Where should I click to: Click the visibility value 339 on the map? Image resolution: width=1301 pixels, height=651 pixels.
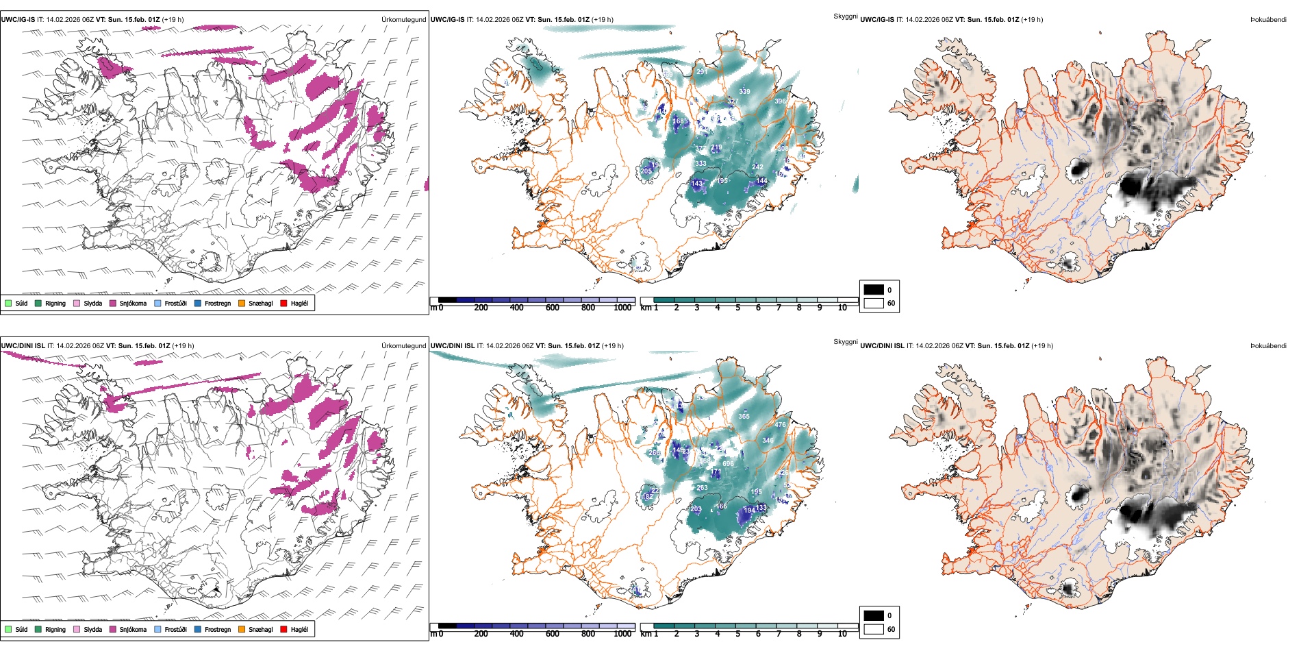(744, 91)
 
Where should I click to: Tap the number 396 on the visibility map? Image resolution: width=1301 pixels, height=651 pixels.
(780, 101)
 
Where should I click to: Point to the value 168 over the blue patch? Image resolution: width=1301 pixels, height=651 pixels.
(678, 121)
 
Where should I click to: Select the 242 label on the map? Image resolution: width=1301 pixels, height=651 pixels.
(757, 167)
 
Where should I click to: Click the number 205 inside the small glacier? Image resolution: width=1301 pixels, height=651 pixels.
(646, 171)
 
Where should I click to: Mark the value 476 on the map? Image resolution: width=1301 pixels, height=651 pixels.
(780, 425)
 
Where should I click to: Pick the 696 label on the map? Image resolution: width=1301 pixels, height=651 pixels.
(728, 464)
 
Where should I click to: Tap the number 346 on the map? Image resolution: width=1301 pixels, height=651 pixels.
(768, 441)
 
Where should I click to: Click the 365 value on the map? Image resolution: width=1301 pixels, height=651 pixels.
(744, 417)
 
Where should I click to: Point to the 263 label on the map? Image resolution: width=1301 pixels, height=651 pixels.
(702, 488)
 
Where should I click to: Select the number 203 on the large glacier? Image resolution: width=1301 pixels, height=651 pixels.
(696, 509)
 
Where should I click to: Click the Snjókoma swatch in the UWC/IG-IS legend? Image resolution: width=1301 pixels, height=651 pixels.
(113, 303)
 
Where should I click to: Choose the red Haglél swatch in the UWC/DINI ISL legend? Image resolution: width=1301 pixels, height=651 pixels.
(284, 629)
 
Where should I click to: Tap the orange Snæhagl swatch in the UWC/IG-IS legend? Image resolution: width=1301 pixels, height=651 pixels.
(242, 303)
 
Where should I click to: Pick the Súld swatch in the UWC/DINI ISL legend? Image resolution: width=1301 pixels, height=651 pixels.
(8, 629)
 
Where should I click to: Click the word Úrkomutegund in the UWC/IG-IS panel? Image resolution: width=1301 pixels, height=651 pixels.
(403, 20)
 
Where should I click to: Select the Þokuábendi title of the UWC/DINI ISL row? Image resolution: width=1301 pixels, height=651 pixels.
(1268, 346)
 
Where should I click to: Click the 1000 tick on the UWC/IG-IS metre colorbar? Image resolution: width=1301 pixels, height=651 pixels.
(622, 308)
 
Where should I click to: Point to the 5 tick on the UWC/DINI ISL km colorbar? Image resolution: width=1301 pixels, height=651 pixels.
(738, 634)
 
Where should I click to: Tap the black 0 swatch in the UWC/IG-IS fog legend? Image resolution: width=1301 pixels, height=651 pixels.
(874, 290)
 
